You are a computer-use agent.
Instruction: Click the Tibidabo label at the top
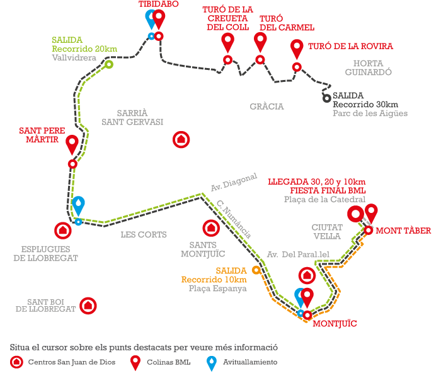coord(158,4)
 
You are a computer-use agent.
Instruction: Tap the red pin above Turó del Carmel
coord(260,42)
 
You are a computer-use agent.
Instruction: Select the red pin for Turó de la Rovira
coord(297,48)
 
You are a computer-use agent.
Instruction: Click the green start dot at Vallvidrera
coord(109,64)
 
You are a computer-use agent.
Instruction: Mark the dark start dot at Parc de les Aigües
coord(326,98)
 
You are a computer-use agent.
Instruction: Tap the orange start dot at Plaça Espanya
coord(256,270)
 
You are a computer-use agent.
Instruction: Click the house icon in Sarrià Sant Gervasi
coord(181,139)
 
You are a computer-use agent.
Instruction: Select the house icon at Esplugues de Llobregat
coord(62,231)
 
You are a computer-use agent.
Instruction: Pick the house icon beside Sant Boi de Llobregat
coord(89,306)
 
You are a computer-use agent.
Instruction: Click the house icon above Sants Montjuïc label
coord(210,227)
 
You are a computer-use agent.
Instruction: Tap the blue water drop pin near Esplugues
coord(78,205)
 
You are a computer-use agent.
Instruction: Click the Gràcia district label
coord(266,106)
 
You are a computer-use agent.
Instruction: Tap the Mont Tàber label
coord(403,231)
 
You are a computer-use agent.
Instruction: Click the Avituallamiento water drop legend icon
coord(212,362)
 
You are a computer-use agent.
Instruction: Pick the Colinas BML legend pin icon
coord(135,362)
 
